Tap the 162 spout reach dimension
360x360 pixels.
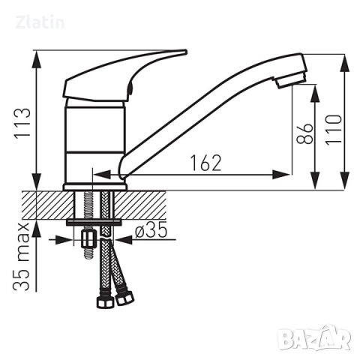(x=206, y=163)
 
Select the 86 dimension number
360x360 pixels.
(x=304, y=133)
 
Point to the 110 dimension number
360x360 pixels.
(x=334, y=130)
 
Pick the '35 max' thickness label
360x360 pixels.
(x=22, y=256)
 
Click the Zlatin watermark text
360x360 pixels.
(x=40, y=22)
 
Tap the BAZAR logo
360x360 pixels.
(x=314, y=338)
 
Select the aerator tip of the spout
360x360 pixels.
(x=290, y=79)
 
